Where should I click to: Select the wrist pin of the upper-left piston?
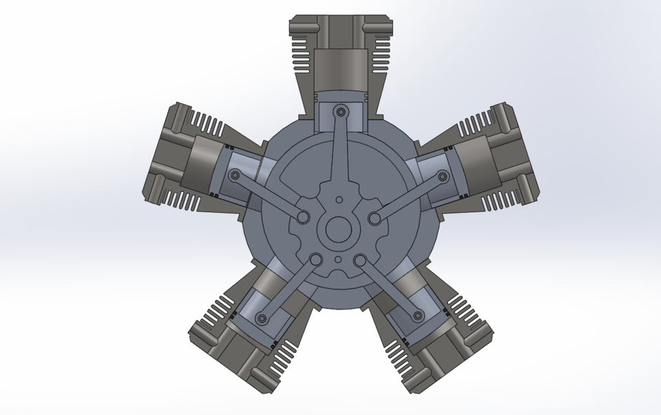(235, 176)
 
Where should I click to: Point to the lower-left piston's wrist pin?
(262, 318)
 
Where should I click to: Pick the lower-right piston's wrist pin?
(417, 316)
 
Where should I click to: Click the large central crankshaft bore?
(339, 229)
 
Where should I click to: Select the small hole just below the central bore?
(339, 259)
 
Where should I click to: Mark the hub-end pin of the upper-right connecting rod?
(375, 218)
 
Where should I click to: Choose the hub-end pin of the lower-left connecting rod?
(316, 260)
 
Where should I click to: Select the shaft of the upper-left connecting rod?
(269, 196)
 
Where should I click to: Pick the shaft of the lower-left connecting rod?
(289, 289)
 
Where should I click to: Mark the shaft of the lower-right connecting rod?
(389, 287)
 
